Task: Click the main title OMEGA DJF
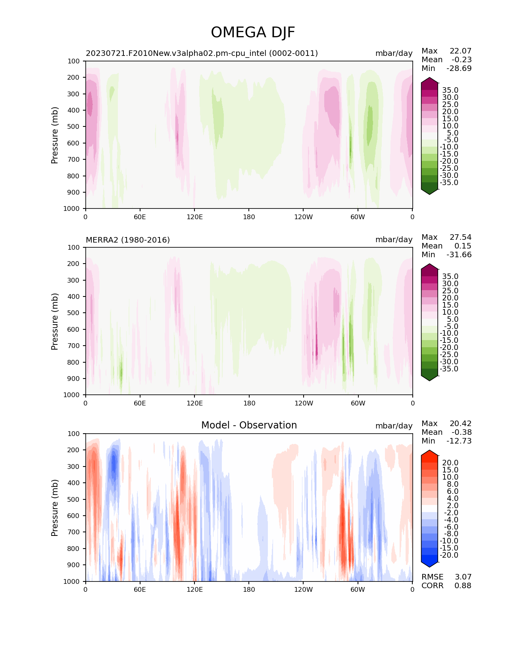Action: click(253, 32)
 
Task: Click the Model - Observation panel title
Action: click(249, 425)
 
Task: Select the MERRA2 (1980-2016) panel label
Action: click(128, 240)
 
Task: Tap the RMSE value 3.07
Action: click(463, 577)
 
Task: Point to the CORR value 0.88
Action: click(463, 585)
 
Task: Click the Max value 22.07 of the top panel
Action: click(460, 51)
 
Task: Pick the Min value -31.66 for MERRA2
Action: click(459, 254)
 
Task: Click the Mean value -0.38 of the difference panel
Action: click(462, 432)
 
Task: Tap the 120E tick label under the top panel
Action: click(194, 217)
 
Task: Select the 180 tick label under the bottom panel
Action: click(249, 589)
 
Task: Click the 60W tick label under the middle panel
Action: click(358, 403)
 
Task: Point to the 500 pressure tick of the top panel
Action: click(73, 127)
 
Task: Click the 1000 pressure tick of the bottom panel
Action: click(71, 581)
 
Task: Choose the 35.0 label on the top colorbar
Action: click(450, 90)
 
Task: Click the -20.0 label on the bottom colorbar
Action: click(449, 555)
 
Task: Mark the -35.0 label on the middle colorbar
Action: click(449, 369)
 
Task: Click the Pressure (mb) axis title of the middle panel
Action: click(54, 321)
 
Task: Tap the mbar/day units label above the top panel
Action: click(394, 54)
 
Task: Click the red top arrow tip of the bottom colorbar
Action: click(429, 450)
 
